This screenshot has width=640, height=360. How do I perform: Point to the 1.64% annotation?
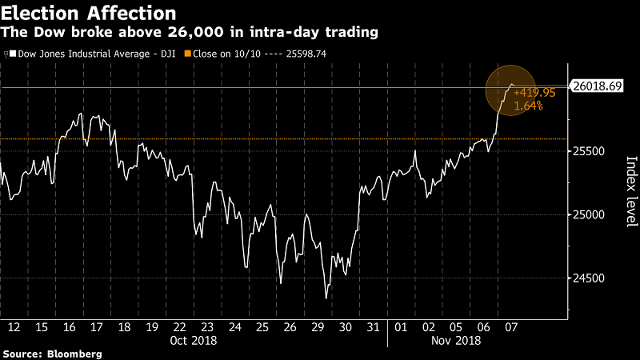(528, 106)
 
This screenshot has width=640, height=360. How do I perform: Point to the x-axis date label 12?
(14, 327)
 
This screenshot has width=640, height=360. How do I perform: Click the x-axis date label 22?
(179, 327)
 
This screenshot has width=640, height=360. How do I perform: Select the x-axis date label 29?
(318, 327)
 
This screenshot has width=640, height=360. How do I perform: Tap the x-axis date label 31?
(373, 327)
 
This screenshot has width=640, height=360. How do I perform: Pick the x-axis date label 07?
(510, 327)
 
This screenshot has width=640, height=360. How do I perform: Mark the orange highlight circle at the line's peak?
(510, 90)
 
